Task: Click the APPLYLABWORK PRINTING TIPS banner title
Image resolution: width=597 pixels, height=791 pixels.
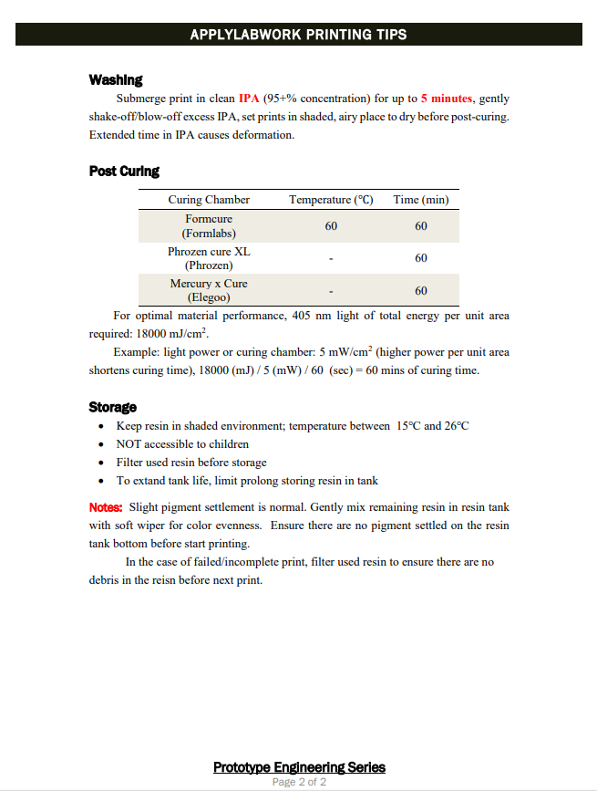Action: [298, 35]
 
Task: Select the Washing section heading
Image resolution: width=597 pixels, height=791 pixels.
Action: [115, 80]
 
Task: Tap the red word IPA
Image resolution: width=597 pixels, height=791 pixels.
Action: [249, 99]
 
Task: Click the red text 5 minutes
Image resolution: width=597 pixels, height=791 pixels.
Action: [447, 99]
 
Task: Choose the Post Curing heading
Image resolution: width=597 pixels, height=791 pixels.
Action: [124, 171]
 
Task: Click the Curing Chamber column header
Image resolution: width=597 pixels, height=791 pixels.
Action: [209, 200]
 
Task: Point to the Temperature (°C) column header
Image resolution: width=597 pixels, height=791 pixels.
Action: [331, 200]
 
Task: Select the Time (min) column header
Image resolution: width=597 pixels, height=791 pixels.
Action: [420, 200]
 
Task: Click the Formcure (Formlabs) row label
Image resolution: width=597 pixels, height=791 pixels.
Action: [209, 226]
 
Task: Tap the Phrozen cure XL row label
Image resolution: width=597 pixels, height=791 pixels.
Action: [209, 251]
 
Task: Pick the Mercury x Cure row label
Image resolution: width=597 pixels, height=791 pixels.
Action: [209, 284]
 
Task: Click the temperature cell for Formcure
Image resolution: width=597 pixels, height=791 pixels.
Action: [331, 226]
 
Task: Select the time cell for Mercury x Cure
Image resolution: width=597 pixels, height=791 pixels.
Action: [420, 291]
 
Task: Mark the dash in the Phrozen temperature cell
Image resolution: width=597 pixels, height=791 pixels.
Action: [331, 259]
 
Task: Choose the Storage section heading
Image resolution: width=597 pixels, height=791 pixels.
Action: [112, 407]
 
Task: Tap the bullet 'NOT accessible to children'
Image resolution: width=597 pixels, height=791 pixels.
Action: [182, 444]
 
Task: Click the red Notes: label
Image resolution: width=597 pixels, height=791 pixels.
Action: [106, 507]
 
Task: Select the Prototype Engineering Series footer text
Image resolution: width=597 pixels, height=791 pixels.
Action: [299, 767]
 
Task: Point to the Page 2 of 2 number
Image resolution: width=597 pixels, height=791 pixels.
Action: [299, 782]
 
